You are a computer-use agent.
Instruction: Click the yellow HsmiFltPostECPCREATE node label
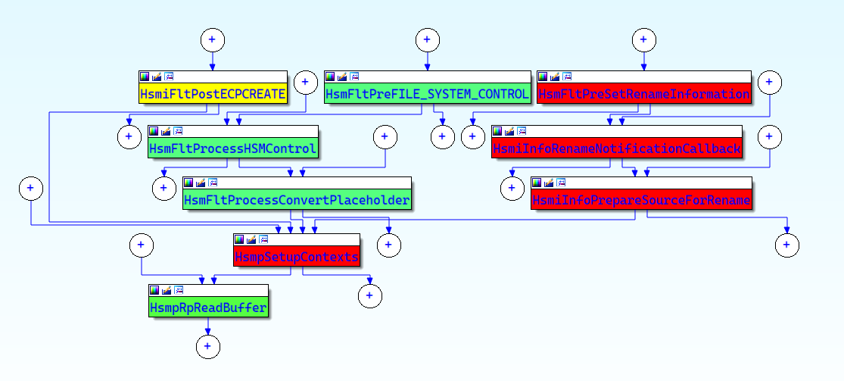coord(213,95)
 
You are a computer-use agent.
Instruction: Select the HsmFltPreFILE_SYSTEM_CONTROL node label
coord(427,95)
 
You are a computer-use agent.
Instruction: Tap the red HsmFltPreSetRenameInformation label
coord(643,95)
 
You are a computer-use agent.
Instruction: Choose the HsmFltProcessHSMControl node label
coord(232,148)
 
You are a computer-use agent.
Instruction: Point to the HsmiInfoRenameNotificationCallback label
coord(616,148)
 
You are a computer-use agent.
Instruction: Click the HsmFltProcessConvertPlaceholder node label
coord(297,200)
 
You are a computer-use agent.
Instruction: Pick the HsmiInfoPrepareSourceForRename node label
coord(641,200)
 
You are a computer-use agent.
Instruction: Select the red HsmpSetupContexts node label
coord(297,258)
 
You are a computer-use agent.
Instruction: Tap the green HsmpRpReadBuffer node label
coord(208,308)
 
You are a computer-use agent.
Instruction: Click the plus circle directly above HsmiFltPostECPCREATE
coord(212,39)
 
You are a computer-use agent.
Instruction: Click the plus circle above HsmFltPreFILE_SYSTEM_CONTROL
coord(427,39)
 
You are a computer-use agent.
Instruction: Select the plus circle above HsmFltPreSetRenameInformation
coord(643,39)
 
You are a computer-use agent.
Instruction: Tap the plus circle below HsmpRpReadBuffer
coord(207,346)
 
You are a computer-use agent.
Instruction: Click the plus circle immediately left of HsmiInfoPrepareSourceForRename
coord(512,189)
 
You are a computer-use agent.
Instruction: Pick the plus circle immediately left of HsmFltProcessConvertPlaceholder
coord(164,189)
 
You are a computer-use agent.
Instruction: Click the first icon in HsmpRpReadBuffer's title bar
coord(154,290)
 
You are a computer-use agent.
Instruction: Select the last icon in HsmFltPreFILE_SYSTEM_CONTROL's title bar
coord(354,76)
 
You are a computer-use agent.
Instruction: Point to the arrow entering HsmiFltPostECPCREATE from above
coord(212,64)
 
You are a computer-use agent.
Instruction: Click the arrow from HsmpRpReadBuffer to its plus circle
coord(207,326)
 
